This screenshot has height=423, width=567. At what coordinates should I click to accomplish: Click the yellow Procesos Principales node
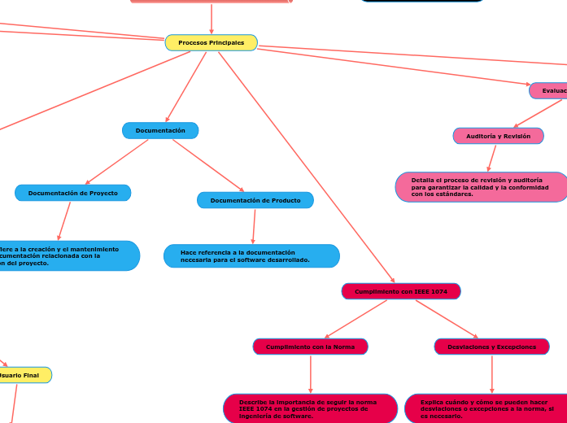pyautogui.click(x=211, y=42)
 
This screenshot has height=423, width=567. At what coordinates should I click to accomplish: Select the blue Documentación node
pyautogui.click(x=160, y=130)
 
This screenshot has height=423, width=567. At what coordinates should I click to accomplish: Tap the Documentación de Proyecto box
pyautogui.click(x=73, y=193)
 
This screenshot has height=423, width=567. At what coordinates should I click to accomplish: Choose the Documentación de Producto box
pyautogui.click(x=255, y=200)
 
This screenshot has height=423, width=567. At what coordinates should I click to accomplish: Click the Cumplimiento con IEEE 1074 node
pyautogui.click(x=401, y=291)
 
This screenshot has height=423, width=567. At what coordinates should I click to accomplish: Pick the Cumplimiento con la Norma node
pyautogui.click(x=310, y=347)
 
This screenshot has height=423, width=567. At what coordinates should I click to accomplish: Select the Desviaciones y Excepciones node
pyautogui.click(x=491, y=347)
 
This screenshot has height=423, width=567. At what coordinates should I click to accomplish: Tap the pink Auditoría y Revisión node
pyautogui.click(x=498, y=136)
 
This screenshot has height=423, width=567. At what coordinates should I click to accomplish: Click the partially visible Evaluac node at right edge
pyautogui.click(x=549, y=91)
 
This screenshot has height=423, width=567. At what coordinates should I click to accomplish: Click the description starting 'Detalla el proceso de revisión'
pyautogui.click(x=480, y=187)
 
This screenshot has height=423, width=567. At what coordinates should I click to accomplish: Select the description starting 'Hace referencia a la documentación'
pyautogui.click(x=251, y=256)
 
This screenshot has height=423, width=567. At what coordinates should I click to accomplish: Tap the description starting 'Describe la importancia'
pyautogui.click(x=310, y=408)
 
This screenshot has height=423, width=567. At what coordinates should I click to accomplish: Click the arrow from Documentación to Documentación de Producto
pyautogui.click(x=208, y=166)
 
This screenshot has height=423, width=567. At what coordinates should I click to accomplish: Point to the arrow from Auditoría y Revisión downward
pyautogui.click(x=491, y=158)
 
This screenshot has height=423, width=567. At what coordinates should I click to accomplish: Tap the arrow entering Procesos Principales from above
pyautogui.click(x=212, y=18)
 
